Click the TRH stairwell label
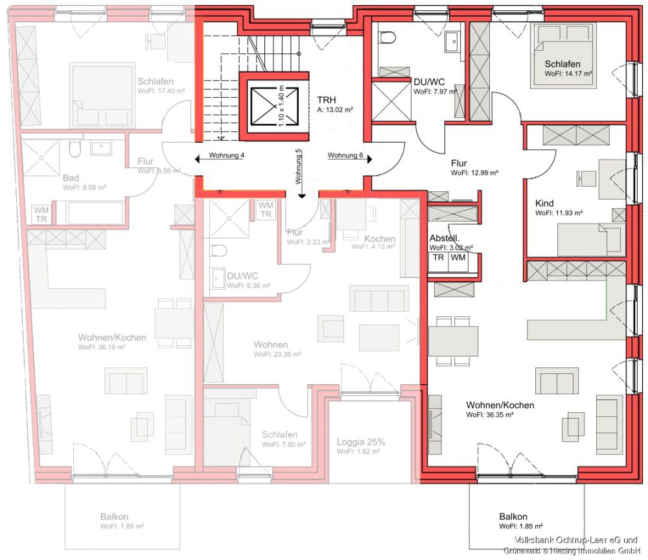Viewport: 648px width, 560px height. click(x=326, y=100)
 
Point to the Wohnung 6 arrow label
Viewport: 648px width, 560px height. click(x=345, y=156)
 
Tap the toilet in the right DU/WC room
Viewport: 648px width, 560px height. click(x=388, y=39)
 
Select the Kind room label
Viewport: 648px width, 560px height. click(x=544, y=203)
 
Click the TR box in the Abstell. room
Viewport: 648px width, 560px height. click(x=439, y=258)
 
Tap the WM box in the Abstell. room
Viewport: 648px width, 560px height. click(x=457, y=258)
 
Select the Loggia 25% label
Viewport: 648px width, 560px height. click(x=361, y=442)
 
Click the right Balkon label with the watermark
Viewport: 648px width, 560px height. click(x=513, y=517)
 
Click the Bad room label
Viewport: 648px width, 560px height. click(x=71, y=178)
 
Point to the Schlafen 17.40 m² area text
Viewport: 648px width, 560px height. click(x=161, y=91)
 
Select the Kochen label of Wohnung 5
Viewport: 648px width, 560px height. click(x=380, y=239)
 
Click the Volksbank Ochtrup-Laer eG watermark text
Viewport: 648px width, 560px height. click(x=576, y=541)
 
